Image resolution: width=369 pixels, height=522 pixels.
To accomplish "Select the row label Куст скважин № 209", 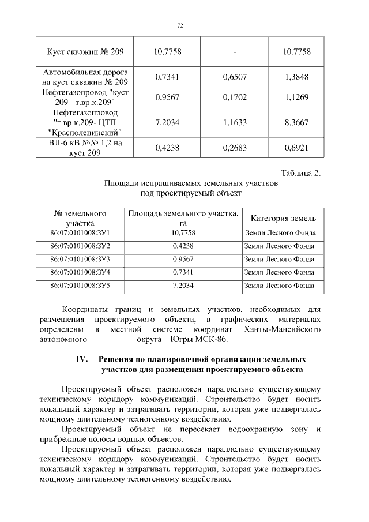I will coord(85,52).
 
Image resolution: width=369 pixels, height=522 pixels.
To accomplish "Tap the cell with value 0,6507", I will coord(235,77).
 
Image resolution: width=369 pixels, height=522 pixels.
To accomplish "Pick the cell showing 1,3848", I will coord(297,77).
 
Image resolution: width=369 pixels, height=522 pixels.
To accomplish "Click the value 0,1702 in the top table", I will coord(235,97).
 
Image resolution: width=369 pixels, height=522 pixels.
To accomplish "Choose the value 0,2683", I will coord(235,148).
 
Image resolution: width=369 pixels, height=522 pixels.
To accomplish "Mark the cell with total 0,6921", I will coord(297,148).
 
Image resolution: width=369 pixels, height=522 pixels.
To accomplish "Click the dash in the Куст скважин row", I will coord(235,52).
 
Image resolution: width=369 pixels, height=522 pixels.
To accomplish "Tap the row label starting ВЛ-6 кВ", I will coord(85,148).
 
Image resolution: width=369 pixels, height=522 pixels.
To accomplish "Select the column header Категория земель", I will coord(283,219).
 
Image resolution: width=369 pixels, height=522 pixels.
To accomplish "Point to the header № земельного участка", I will coord(80,219).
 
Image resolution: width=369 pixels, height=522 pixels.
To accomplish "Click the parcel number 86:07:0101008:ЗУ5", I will coord(80,285).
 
